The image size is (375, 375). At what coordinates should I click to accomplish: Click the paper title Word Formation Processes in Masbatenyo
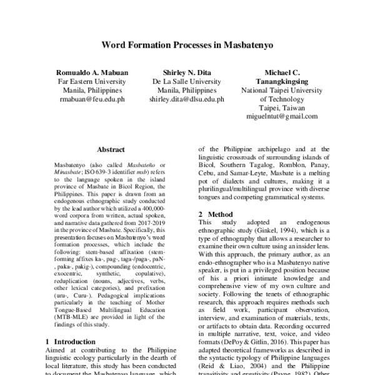187,46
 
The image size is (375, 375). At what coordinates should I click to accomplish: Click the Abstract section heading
113,150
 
